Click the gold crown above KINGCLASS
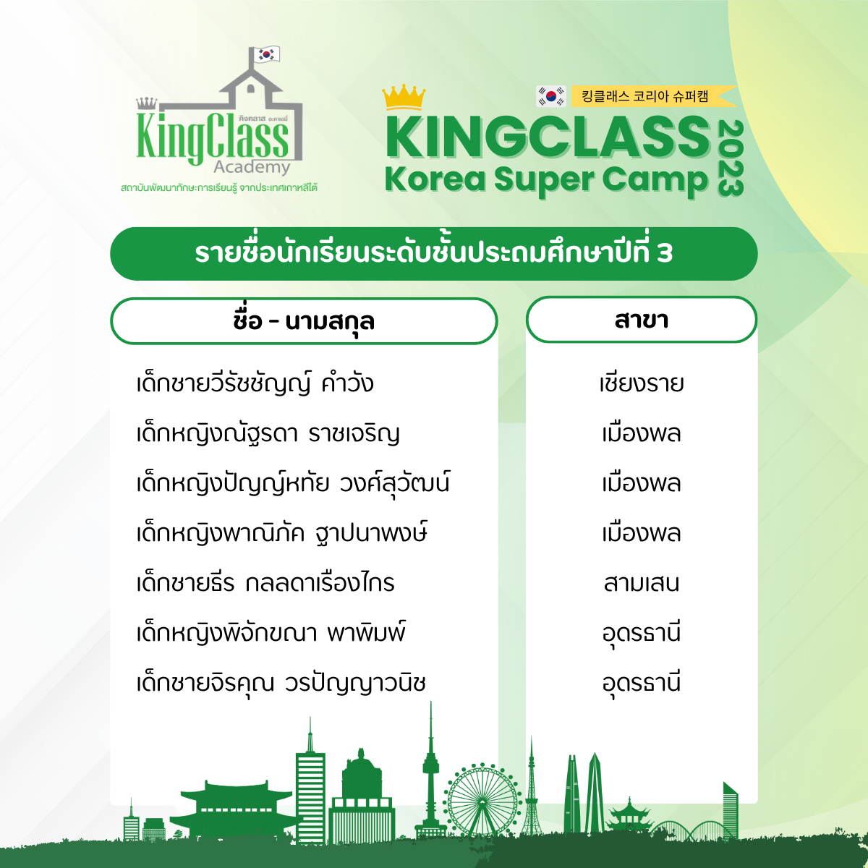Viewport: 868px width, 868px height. pyautogui.click(x=404, y=97)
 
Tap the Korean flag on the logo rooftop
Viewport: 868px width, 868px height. pyautogui.click(x=267, y=54)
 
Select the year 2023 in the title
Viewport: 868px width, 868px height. pyautogui.click(x=730, y=158)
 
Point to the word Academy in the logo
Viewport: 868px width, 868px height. pyautogui.click(x=252, y=167)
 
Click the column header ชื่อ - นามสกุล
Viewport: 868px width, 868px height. pyautogui.click(x=304, y=321)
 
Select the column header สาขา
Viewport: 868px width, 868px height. pyautogui.click(x=642, y=320)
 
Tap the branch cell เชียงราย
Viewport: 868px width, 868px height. pyautogui.click(x=642, y=384)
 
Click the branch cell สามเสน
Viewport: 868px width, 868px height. pyautogui.click(x=642, y=583)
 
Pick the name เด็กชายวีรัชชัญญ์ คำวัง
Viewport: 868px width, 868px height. pyautogui.click(x=255, y=384)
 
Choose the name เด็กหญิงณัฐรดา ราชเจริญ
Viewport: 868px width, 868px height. pyautogui.click(x=268, y=434)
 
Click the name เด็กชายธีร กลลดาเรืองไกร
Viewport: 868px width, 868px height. pyautogui.click(x=265, y=583)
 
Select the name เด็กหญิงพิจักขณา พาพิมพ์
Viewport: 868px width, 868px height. pyautogui.click(x=271, y=632)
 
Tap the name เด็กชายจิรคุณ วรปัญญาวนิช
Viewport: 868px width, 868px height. pyautogui.click(x=281, y=683)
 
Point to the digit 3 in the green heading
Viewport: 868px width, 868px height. pyautogui.click(x=665, y=254)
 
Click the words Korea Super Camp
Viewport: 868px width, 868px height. pyautogui.click(x=546, y=180)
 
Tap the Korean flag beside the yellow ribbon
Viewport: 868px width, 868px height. pyautogui.click(x=551, y=96)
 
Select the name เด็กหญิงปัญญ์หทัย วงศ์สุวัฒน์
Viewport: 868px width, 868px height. pyautogui.click(x=293, y=483)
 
